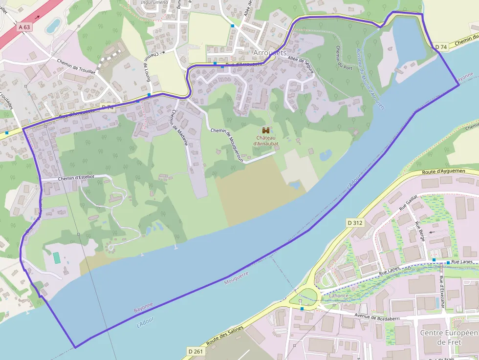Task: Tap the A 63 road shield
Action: (x=24, y=27)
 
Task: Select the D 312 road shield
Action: (x=355, y=223)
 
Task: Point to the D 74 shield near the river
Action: (x=441, y=47)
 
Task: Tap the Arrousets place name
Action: (x=270, y=52)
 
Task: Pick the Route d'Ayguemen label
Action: (x=443, y=171)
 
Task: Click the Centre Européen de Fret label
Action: (x=448, y=337)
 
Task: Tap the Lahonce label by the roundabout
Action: (x=339, y=296)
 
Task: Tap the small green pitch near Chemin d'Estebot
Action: (x=57, y=258)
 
